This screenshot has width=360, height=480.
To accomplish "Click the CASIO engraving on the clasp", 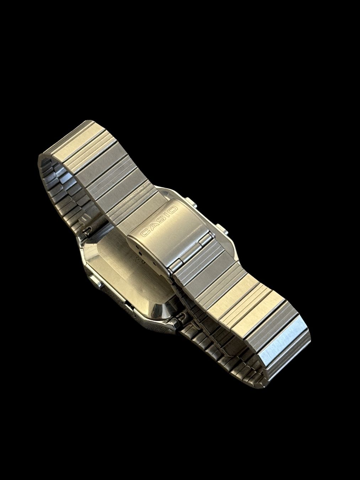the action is pyautogui.click(x=159, y=222).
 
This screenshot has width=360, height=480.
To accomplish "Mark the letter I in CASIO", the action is pyautogui.click(x=166, y=216).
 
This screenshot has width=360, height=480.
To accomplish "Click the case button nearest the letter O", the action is pyautogui.click(x=190, y=202).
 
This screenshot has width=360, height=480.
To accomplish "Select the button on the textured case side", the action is pyautogui.click(x=96, y=281).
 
